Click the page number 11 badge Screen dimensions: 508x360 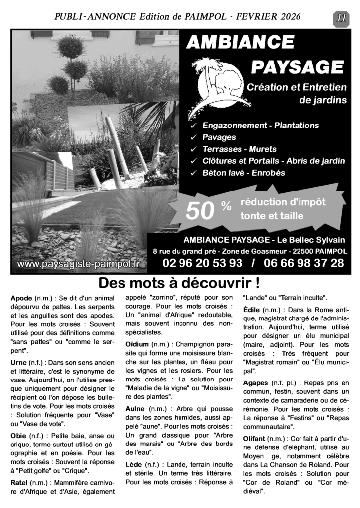tap(341, 17)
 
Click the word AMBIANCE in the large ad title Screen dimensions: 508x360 tap(240, 43)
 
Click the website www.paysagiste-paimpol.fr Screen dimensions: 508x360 tap(79, 264)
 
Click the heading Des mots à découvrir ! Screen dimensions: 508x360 tap(180, 284)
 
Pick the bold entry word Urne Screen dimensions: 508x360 tap(19, 363)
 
